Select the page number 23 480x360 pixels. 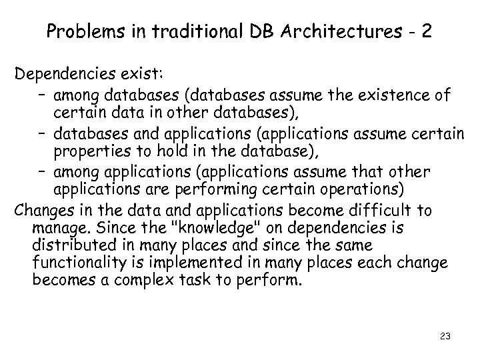coord(445,337)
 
